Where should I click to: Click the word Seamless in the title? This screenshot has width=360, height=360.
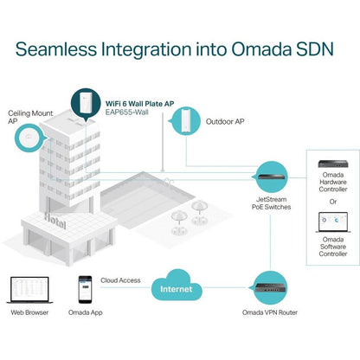tap(56, 49)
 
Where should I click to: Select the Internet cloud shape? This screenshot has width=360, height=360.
tap(177, 286)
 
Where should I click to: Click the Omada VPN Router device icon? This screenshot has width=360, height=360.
tap(270, 287)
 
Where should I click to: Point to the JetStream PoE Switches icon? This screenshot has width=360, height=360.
tap(271, 177)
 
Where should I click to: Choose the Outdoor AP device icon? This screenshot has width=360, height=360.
tap(185, 121)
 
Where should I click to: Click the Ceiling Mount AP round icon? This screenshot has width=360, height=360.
tap(29, 138)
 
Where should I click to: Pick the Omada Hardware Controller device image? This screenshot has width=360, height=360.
tap(333, 164)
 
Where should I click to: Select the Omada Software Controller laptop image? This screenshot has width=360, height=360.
tap(333, 222)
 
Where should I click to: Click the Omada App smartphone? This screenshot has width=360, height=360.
tap(86, 290)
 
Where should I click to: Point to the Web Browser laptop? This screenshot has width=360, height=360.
tap(29, 290)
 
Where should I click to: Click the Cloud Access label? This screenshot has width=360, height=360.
tap(120, 280)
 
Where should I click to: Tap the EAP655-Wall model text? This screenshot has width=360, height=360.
tap(127, 112)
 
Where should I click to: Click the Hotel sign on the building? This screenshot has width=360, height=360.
tap(55, 221)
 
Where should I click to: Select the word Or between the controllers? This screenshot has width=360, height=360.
tap(333, 202)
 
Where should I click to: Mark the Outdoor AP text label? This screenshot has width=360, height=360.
tap(225, 121)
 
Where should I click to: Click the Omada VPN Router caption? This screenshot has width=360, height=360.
tap(270, 312)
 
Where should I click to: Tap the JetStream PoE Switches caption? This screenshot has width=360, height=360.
tap(271, 203)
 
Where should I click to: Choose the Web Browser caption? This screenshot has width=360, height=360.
tap(29, 312)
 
